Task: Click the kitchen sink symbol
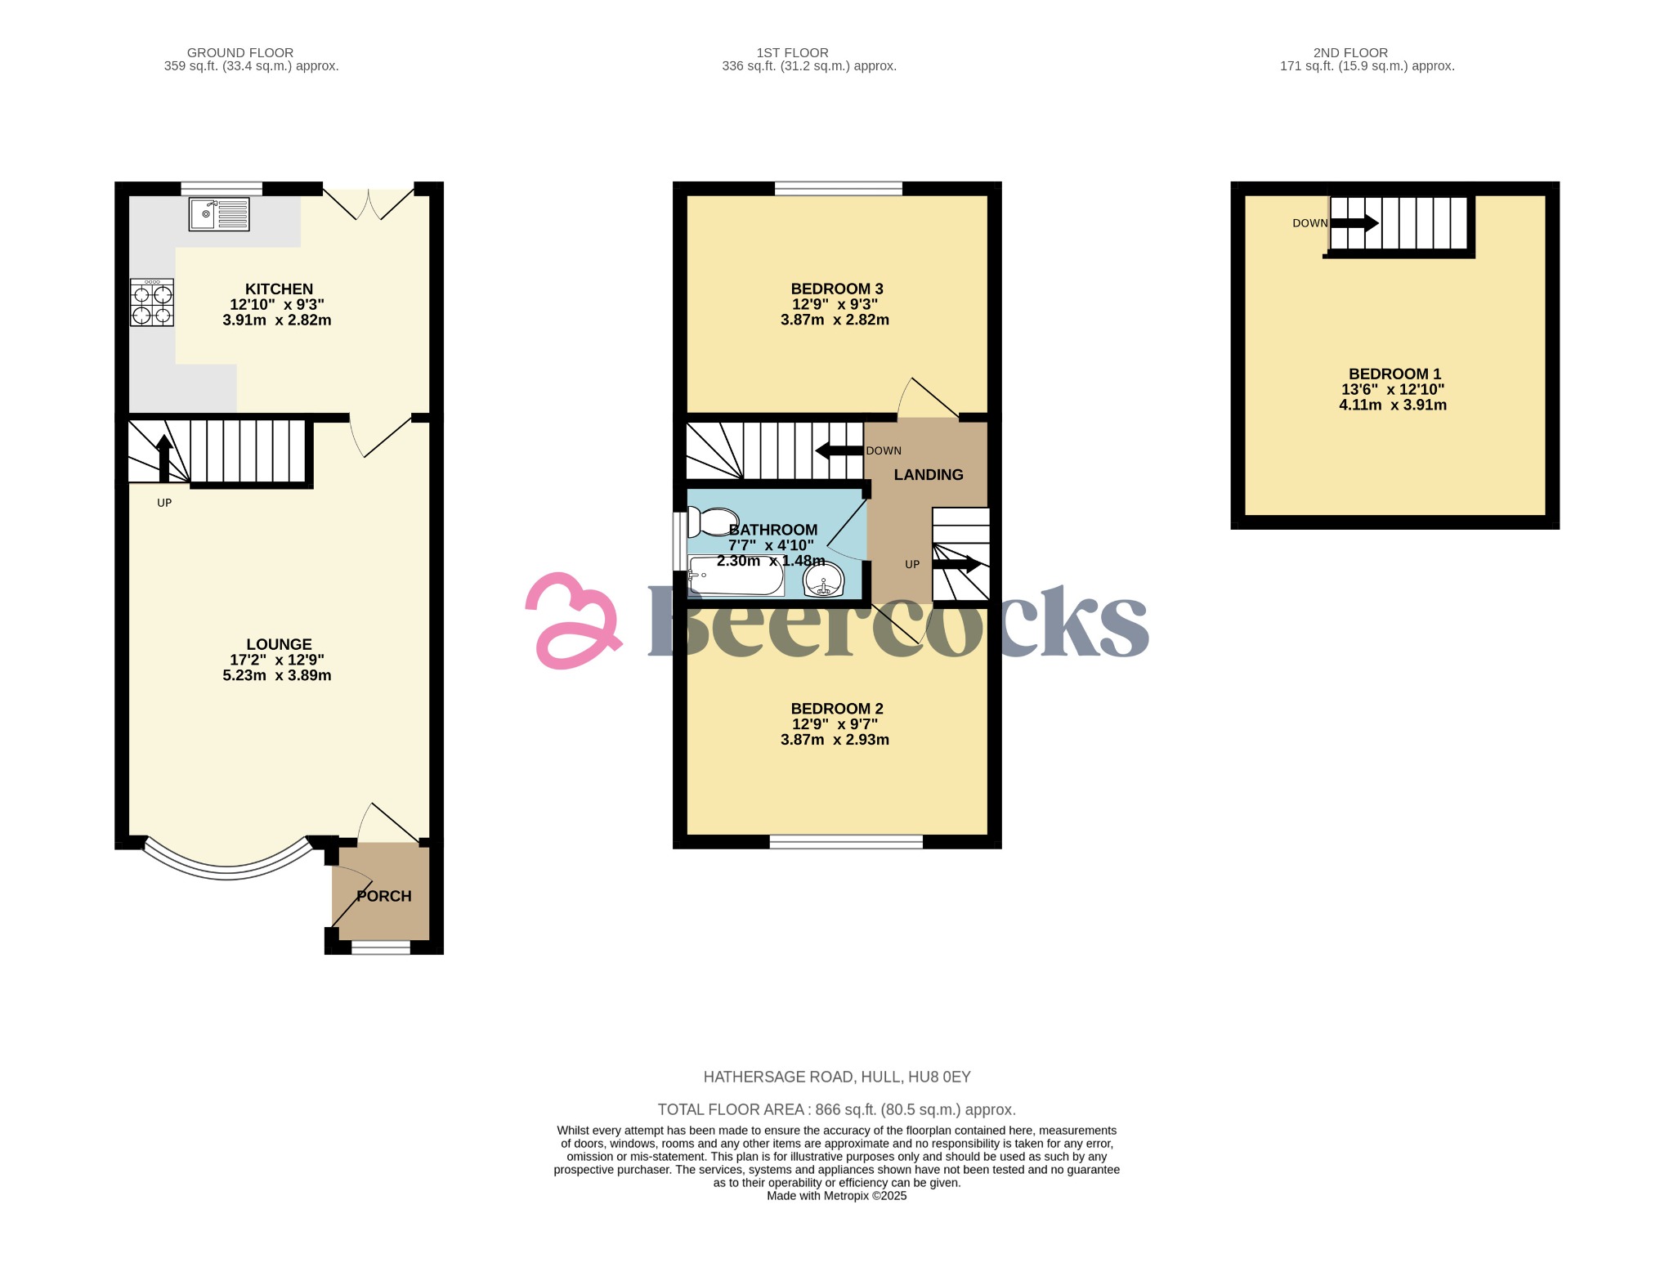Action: (x=219, y=214)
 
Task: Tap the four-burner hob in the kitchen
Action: (x=152, y=303)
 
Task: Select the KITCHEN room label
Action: (x=279, y=289)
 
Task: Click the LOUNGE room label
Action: (x=279, y=644)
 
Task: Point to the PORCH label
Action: (x=384, y=896)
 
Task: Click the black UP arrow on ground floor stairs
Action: (x=163, y=458)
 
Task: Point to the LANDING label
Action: (x=929, y=475)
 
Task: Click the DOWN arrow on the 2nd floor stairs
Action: (x=1354, y=223)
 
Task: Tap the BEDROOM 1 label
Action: (x=1394, y=374)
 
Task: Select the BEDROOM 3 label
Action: (x=837, y=289)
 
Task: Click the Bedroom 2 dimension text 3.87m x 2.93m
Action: (x=835, y=740)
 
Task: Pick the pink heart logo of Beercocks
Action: (x=573, y=620)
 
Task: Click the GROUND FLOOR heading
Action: (x=240, y=52)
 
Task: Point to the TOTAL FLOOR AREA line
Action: (x=837, y=1109)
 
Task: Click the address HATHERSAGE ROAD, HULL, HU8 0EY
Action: (x=837, y=1077)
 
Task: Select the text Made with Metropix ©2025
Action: (x=837, y=1196)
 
